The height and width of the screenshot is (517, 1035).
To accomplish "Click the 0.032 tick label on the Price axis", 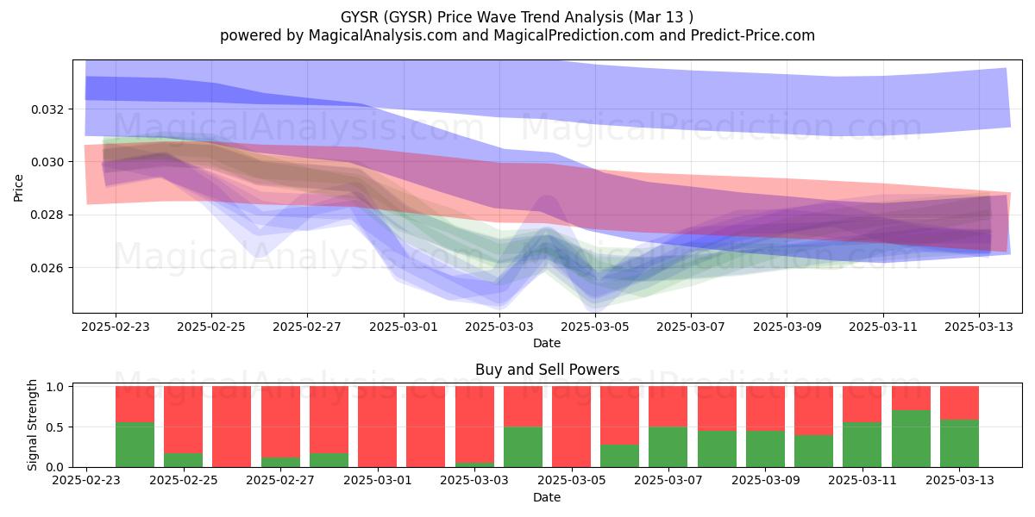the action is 47,109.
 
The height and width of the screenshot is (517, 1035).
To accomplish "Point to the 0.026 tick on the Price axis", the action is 47,268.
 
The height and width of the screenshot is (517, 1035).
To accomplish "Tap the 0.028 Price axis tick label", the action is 47,215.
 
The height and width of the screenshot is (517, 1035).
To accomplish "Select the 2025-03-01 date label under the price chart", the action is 404,327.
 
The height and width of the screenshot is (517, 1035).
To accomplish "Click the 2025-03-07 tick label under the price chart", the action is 691,327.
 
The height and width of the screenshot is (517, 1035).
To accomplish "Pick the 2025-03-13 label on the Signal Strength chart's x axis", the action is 960,480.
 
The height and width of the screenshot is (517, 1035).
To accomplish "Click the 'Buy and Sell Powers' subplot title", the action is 547,370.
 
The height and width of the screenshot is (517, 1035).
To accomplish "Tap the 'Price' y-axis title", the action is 18,188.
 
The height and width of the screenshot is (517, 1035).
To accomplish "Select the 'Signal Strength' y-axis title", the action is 32,425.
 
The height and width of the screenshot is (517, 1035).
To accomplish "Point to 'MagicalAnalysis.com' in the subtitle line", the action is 383,35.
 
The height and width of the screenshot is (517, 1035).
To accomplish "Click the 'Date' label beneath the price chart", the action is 547,343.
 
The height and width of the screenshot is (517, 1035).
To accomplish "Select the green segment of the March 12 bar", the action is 911,439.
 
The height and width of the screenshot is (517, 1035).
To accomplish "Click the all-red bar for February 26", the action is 231,427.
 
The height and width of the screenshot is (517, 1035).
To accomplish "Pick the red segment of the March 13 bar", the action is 960,403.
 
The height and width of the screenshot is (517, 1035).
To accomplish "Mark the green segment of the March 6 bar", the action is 619,456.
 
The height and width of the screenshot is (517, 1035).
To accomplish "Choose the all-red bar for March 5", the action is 571,427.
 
